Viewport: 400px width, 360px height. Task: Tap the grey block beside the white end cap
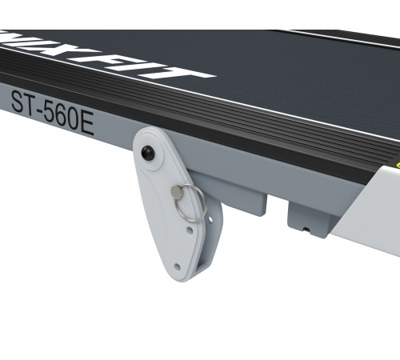pyautogui.click(x=308, y=218)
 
